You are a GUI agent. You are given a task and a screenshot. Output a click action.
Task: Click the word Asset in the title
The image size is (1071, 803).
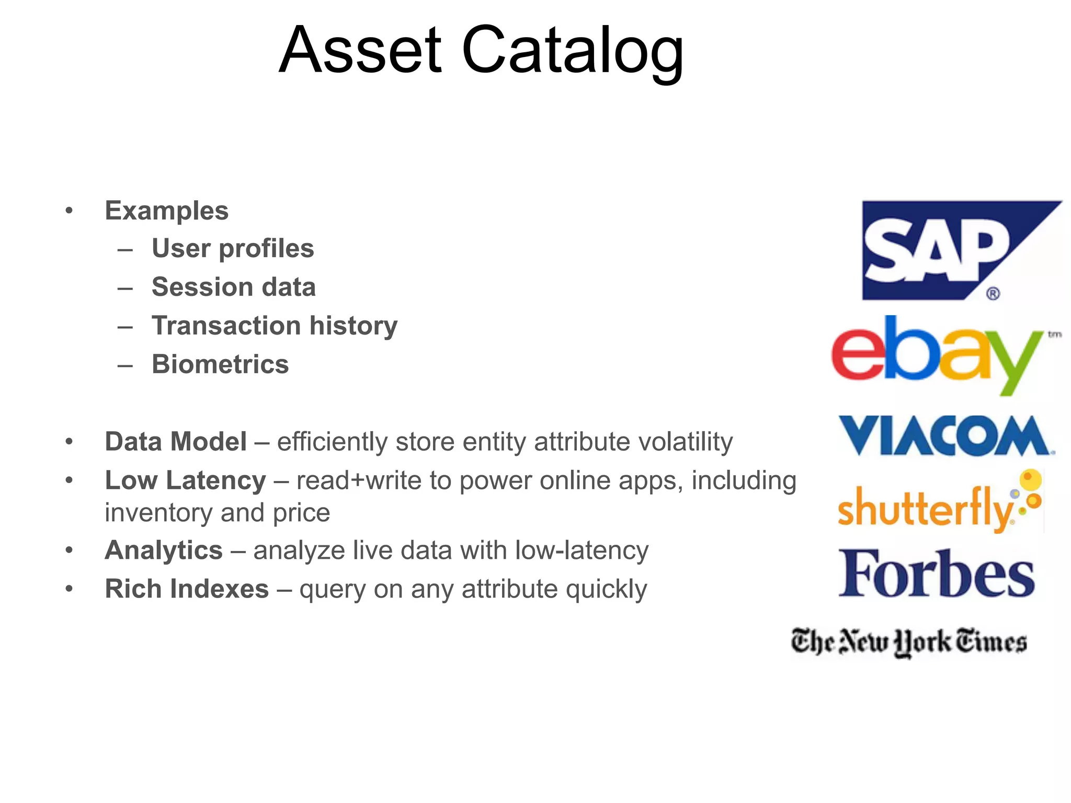pos(361,51)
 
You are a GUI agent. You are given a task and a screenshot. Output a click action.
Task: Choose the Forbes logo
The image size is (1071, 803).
pos(936,573)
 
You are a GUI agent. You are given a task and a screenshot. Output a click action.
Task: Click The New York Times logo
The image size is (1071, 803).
pos(909,641)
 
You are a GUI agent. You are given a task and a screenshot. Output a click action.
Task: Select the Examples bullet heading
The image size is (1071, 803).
pos(167,211)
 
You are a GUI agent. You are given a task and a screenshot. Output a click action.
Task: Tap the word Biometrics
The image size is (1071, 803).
pos(220,364)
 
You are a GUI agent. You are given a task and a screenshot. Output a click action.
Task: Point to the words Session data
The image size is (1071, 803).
pos(234,287)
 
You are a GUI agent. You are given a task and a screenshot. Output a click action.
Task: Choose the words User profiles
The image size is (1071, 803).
pos(233,248)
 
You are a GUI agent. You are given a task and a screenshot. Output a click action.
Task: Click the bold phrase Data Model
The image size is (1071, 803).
pos(176,442)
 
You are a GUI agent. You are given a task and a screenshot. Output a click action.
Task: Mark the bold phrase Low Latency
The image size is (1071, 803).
pos(185,480)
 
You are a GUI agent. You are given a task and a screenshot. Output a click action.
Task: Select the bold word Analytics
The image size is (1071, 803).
pos(164,550)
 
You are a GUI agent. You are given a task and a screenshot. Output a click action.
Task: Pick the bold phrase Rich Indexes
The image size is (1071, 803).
pos(187,589)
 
